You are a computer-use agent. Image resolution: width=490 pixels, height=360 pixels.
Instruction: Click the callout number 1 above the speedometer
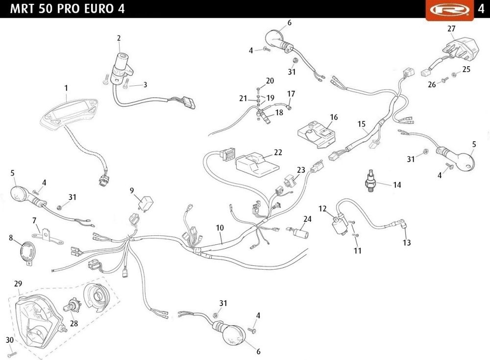66,88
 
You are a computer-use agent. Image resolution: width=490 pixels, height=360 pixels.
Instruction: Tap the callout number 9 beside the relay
132,190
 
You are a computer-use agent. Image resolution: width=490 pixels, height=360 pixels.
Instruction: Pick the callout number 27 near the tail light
451,28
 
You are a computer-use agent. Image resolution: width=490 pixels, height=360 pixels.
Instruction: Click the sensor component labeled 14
372,181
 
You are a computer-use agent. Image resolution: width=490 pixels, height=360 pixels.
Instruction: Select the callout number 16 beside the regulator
334,117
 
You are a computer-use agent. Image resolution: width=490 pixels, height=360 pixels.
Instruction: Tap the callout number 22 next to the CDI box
278,153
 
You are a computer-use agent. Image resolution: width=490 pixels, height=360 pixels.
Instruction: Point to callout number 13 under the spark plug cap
407,242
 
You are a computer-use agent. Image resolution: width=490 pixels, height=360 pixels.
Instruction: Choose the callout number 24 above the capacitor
307,219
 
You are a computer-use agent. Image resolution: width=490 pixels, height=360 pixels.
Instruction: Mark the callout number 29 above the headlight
18,284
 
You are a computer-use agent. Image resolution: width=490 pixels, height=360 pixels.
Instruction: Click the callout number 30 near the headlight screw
9,340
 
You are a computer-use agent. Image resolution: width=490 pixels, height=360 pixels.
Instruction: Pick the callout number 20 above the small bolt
270,81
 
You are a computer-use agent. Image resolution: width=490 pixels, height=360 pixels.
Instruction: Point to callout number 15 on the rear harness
362,125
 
